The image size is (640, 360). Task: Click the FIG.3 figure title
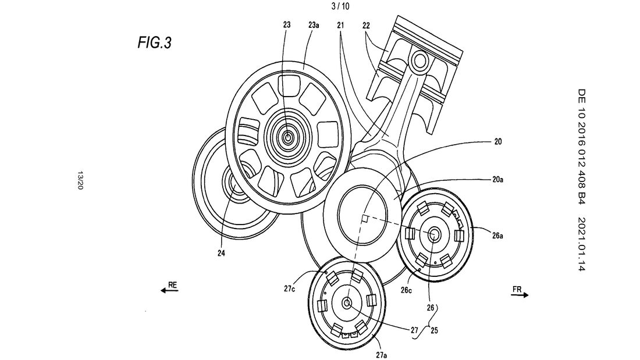pyautogui.click(x=154, y=42)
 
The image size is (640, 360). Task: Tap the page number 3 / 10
pyautogui.click(x=341, y=6)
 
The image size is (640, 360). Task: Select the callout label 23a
pyautogui.click(x=314, y=25)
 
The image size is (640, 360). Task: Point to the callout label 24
pyautogui.click(x=221, y=254)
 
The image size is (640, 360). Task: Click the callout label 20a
pyautogui.click(x=497, y=179)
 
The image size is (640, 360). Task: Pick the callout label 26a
pyautogui.click(x=497, y=236)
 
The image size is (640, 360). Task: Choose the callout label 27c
pyautogui.click(x=289, y=288)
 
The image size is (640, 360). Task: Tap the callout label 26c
pyautogui.click(x=406, y=290)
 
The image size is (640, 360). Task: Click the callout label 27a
pyautogui.click(x=381, y=355)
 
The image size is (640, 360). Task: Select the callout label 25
pyautogui.click(x=434, y=330)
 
